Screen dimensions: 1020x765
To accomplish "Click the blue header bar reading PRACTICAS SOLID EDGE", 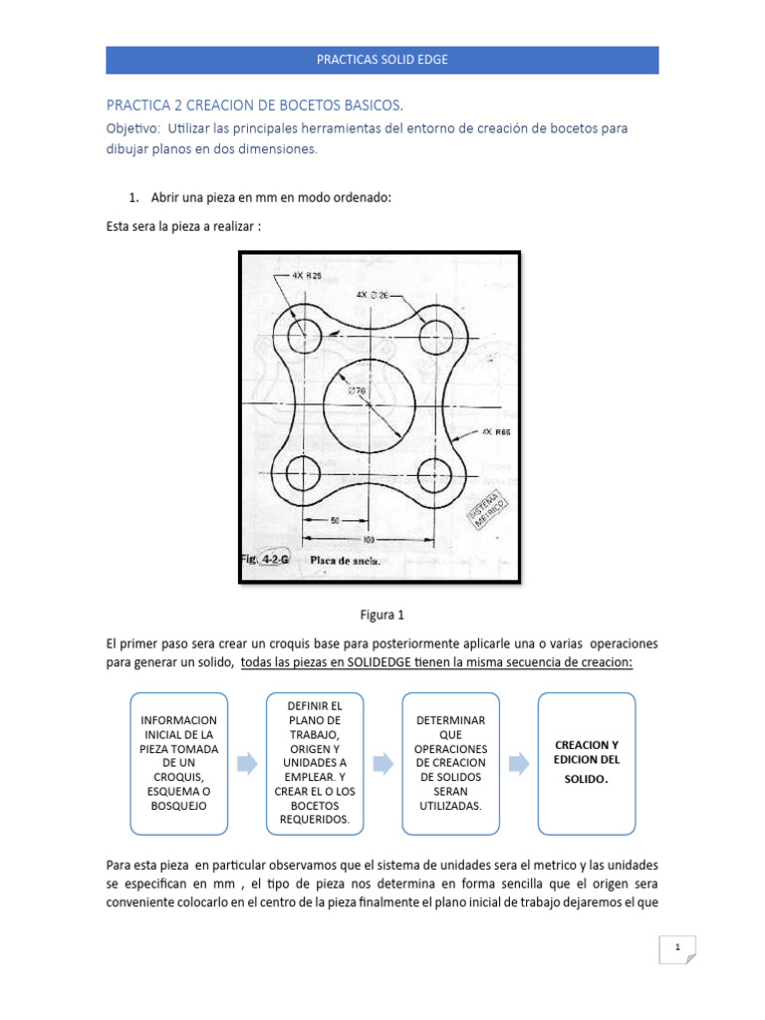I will tap(382, 60).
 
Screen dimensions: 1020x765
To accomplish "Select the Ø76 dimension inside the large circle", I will tap(357, 390).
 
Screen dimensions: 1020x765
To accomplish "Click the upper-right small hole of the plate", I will tap(434, 336).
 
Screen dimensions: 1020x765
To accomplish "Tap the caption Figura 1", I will tap(382, 615).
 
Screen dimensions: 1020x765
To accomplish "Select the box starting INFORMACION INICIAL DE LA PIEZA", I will tap(178, 762).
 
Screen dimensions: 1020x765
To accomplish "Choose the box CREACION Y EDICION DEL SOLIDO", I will tap(586, 762).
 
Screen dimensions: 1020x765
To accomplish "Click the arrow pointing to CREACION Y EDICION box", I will tap(519, 764).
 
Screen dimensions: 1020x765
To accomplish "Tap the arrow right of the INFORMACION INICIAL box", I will tap(246, 764).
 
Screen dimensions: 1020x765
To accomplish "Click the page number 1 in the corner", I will tap(677, 948).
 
